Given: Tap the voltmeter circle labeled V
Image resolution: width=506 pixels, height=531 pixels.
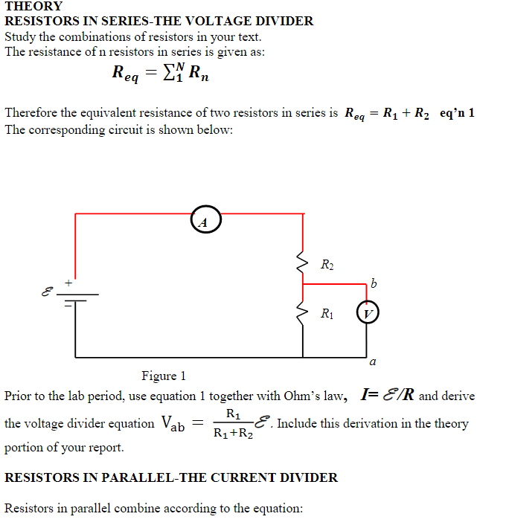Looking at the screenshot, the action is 367,313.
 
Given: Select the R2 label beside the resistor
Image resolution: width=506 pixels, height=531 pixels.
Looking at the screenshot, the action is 327,265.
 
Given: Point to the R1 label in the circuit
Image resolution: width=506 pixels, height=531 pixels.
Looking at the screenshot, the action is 327,313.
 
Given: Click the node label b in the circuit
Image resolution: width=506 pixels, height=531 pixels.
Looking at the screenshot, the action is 374,283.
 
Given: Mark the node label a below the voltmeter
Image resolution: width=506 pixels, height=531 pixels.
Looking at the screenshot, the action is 372,363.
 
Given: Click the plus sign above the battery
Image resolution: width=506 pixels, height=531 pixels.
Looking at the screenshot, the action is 68,283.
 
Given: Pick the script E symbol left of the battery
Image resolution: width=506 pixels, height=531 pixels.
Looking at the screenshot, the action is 48,292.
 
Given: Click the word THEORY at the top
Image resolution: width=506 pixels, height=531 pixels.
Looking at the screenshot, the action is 34,6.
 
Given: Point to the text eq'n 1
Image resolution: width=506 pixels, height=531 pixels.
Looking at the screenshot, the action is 457,113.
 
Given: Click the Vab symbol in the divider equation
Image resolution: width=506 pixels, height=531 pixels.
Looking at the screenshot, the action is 173,424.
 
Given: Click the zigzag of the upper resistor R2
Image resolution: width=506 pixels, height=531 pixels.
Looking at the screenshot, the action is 302,262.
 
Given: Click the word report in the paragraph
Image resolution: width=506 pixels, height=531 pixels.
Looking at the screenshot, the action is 104,448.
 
